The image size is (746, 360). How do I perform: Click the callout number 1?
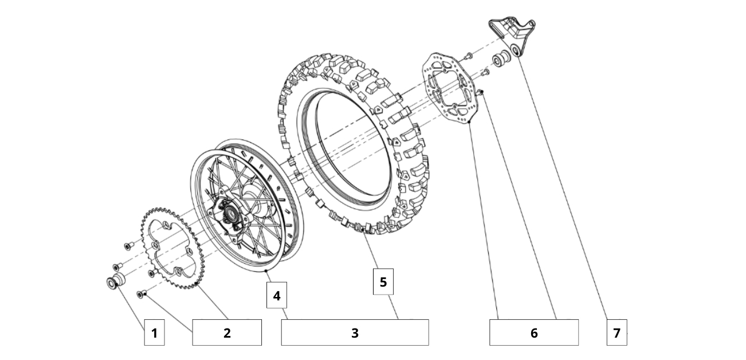(x=154, y=333)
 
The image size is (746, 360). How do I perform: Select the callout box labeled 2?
(x=227, y=333)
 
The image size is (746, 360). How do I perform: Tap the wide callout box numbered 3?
(x=355, y=333)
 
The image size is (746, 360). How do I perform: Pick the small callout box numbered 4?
(x=277, y=296)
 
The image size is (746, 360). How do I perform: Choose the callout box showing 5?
(x=383, y=282)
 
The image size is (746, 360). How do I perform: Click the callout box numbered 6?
(x=533, y=333)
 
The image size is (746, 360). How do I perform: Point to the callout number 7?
(x=617, y=333)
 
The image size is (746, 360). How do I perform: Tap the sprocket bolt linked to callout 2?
(x=141, y=294)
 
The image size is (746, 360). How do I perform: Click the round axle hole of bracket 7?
(x=517, y=52)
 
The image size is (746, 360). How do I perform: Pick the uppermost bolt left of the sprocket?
(x=127, y=246)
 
